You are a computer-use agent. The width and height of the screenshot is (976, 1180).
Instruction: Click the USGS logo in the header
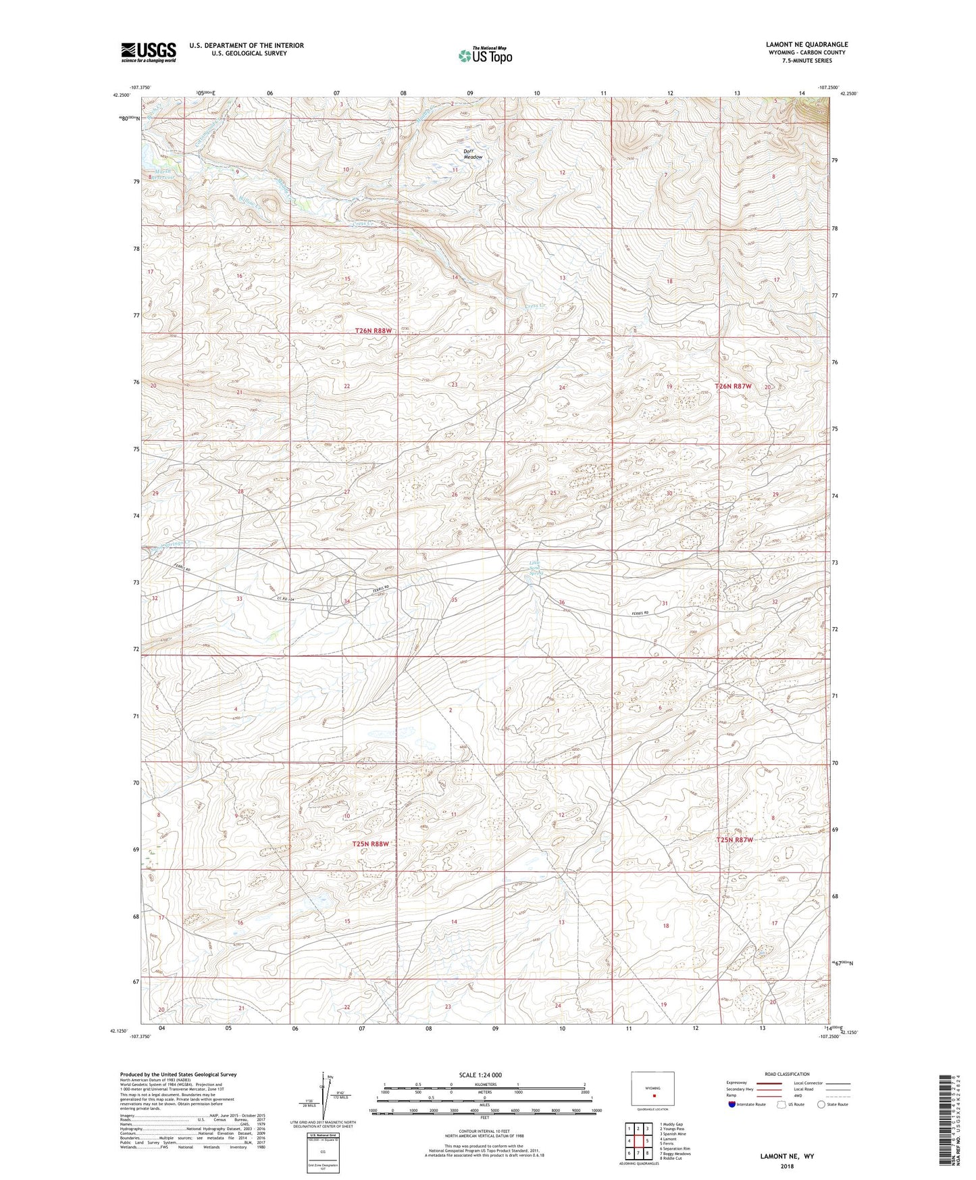coord(148,52)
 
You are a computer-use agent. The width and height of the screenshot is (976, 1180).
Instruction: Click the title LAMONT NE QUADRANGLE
coord(806,45)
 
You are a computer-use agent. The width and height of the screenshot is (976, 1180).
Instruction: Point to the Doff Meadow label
coord(473,153)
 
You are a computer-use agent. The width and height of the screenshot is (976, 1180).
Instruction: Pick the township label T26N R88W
coord(374,331)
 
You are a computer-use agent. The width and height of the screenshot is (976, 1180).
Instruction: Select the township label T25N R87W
coord(734,839)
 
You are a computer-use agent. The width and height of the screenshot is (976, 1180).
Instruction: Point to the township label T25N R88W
coord(371,843)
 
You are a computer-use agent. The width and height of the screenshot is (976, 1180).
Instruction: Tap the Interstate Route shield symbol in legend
coord(733,1104)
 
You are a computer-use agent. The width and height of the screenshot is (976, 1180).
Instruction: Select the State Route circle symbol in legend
coord(821,1104)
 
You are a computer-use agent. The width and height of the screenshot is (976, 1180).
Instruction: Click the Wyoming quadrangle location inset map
coord(652,1089)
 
